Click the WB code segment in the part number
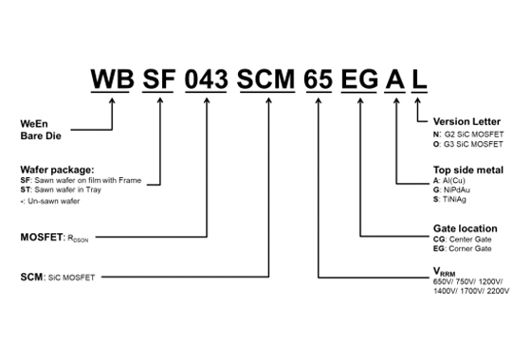(x=113, y=80)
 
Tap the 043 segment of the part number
(x=207, y=80)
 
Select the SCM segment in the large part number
(x=265, y=80)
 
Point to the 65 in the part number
(x=318, y=80)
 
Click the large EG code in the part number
(x=359, y=80)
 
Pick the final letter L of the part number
(x=419, y=80)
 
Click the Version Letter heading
(x=467, y=121)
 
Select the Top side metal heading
(x=468, y=170)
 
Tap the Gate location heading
(x=466, y=228)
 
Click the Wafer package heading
(x=57, y=170)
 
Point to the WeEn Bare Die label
(x=41, y=130)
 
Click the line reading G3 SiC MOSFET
(x=468, y=144)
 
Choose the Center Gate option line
(x=463, y=239)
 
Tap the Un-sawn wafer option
(x=50, y=201)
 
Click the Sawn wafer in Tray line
(x=61, y=189)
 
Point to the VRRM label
(x=445, y=272)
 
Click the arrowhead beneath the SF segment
(x=160, y=100)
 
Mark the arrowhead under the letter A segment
(x=396, y=100)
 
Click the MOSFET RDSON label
(x=54, y=238)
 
